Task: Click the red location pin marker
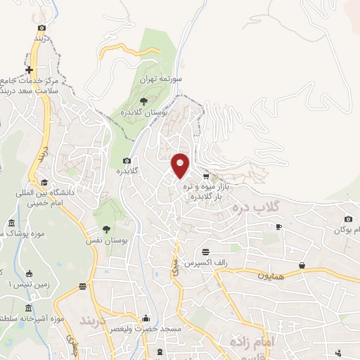pyautogui.click(x=180, y=165)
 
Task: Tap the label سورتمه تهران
pyautogui.click(x=161, y=81)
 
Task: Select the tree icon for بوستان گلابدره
pyautogui.click(x=143, y=101)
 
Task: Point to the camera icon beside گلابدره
pyautogui.click(x=127, y=160)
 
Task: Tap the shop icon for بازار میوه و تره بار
pyautogui.click(x=205, y=176)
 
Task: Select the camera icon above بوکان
pyautogui.click(x=348, y=219)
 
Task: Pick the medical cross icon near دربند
pyautogui.click(x=29, y=70)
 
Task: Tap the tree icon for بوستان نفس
pyautogui.click(x=105, y=229)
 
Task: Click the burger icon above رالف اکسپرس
pyautogui.click(x=205, y=252)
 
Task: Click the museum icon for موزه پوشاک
pyautogui.click(x=11, y=224)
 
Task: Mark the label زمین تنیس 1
pyautogui.click(x=19, y=285)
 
